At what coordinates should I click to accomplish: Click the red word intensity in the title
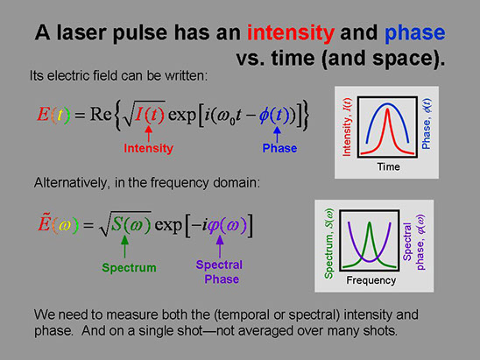[x=291, y=33]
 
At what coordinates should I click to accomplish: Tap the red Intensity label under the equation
[x=149, y=148]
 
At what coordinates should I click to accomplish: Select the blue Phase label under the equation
[x=279, y=148]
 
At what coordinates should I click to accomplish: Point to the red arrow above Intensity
[x=149, y=134]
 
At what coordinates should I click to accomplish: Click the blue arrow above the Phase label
[x=277, y=134]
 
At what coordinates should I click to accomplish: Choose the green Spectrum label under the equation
[x=129, y=268]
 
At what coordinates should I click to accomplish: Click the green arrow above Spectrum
[x=124, y=247]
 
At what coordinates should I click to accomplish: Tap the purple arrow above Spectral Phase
[x=220, y=247]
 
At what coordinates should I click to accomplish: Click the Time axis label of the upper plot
[x=388, y=166]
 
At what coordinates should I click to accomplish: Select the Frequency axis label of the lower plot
[x=371, y=280]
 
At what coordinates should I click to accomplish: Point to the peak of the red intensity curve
[x=387, y=109]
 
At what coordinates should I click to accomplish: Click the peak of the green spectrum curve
[x=370, y=222]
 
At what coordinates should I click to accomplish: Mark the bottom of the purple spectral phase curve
[x=370, y=261]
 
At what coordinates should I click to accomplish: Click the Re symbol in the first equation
[x=101, y=115]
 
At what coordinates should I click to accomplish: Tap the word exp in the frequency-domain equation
[x=168, y=225]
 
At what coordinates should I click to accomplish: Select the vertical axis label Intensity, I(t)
[x=347, y=127]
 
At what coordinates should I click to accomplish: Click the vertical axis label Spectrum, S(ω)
[x=328, y=244]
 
